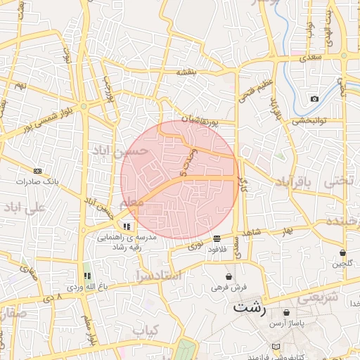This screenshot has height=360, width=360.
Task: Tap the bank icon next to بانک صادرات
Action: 37,170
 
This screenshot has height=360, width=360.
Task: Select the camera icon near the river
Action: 314,98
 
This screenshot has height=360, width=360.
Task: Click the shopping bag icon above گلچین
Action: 342,252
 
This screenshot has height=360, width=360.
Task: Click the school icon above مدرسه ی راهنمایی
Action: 127,226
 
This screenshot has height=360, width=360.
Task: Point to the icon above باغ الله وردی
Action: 88,276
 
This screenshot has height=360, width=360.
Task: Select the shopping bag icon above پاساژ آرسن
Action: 287,312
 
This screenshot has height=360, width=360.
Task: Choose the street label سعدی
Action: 312,56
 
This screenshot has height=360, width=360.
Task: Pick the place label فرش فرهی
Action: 229,288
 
